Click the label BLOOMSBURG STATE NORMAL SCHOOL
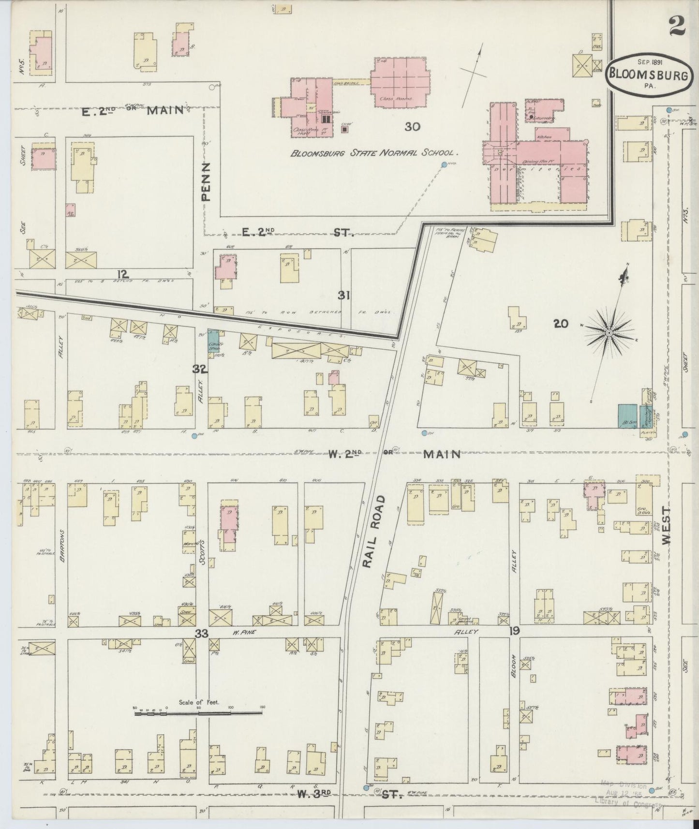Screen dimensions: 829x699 373,153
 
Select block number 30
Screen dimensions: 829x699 412,127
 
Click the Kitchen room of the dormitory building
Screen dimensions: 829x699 544,137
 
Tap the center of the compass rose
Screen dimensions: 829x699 609,333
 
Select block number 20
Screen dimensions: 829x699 561,324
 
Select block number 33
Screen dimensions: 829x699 202,633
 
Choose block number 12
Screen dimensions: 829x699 122,275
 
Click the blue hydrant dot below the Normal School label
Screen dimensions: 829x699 444,165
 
